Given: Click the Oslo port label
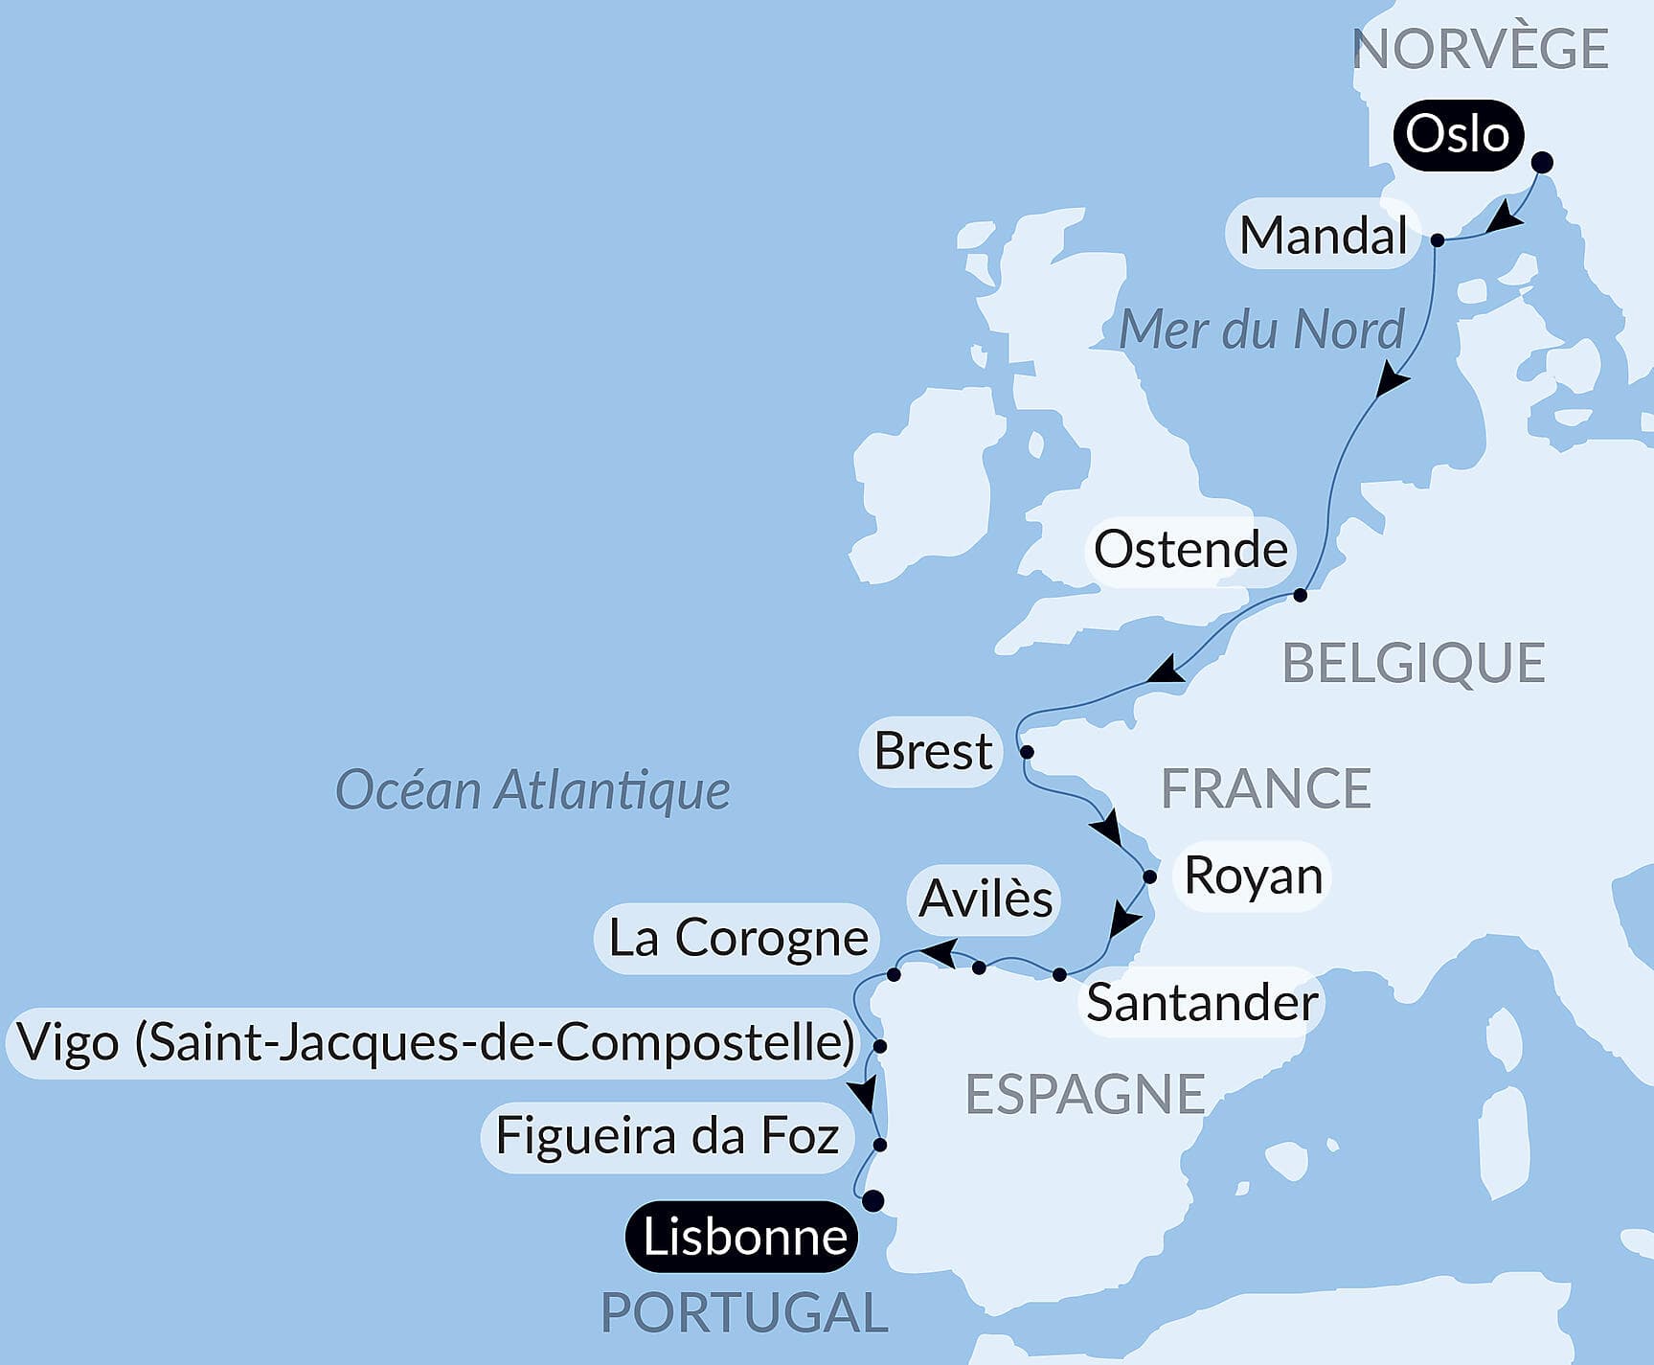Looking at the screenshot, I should [1458, 135].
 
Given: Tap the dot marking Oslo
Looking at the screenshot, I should [1542, 163].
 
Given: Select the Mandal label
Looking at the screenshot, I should [1323, 235].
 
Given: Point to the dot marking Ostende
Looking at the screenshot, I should [1300, 596].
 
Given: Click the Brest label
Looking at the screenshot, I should [933, 751].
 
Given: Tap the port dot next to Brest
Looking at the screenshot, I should [1027, 752].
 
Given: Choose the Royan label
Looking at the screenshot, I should [1254, 876].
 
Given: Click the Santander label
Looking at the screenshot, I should [1202, 1003].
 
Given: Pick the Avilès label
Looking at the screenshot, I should [985, 899].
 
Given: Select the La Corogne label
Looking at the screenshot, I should [737, 938].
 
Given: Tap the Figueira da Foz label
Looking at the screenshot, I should [668, 1137].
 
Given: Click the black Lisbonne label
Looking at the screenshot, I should [744, 1237].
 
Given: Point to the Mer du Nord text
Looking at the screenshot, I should [1261, 330].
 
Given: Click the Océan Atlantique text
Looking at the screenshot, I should [532, 791].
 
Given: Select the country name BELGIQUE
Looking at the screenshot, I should [1414, 663].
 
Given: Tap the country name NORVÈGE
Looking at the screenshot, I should [1480, 49].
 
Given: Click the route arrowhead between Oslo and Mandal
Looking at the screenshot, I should [1505, 217].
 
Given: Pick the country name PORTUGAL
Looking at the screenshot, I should [744, 1312].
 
